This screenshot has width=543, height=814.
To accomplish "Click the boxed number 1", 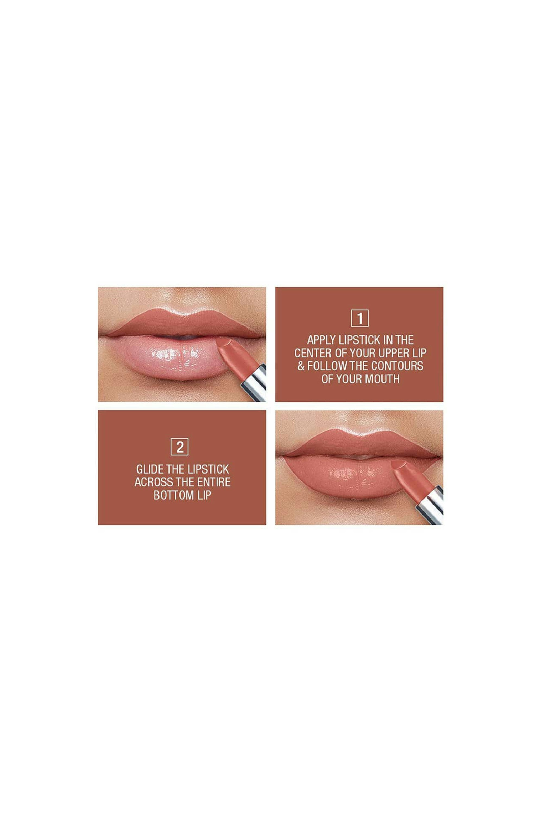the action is point(359,318).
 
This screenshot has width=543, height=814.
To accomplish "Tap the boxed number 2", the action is point(180,447).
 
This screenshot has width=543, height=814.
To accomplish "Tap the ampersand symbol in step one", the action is point(301,366).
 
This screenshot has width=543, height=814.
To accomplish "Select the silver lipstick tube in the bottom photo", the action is point(430,505).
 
